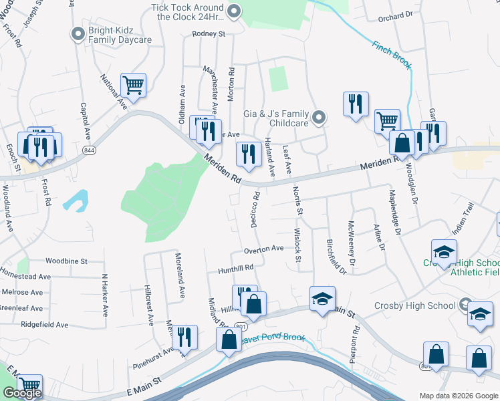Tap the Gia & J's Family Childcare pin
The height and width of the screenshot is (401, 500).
(319, 118)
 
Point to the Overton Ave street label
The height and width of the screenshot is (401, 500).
(263, 249)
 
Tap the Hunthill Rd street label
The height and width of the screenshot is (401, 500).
(236, 268)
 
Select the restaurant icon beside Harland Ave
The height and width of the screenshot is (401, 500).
(249, 154)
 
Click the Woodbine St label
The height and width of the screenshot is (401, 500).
(67, 261)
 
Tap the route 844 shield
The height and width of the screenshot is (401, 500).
(88, 151)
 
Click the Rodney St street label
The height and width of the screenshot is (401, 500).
(209, 33)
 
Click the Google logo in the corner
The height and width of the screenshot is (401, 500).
(22, 393)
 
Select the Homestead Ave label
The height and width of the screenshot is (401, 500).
(25, 276)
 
